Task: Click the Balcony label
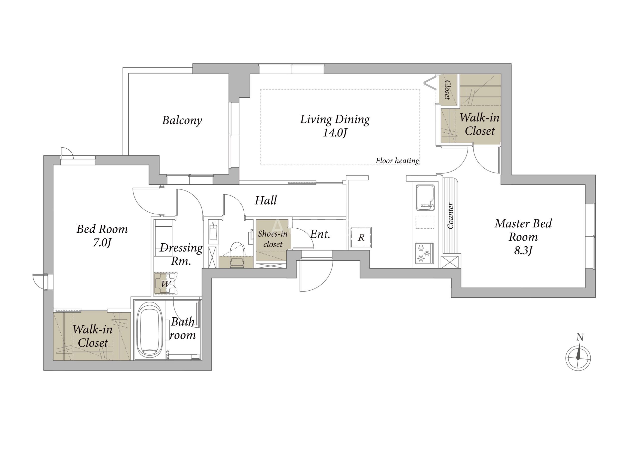click(182, 120)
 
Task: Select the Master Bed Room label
click(523, 237)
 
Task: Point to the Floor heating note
click(397, 161)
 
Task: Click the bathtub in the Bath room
click(150, 330)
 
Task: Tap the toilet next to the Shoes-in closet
click(237, 255)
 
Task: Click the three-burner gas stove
click(424, 253)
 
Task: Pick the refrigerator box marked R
click(361, 238)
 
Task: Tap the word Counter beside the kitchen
click(451, 216)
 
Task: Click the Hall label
click(266, 200)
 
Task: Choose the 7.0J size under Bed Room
click(102, 243)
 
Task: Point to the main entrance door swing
click(317, 276)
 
